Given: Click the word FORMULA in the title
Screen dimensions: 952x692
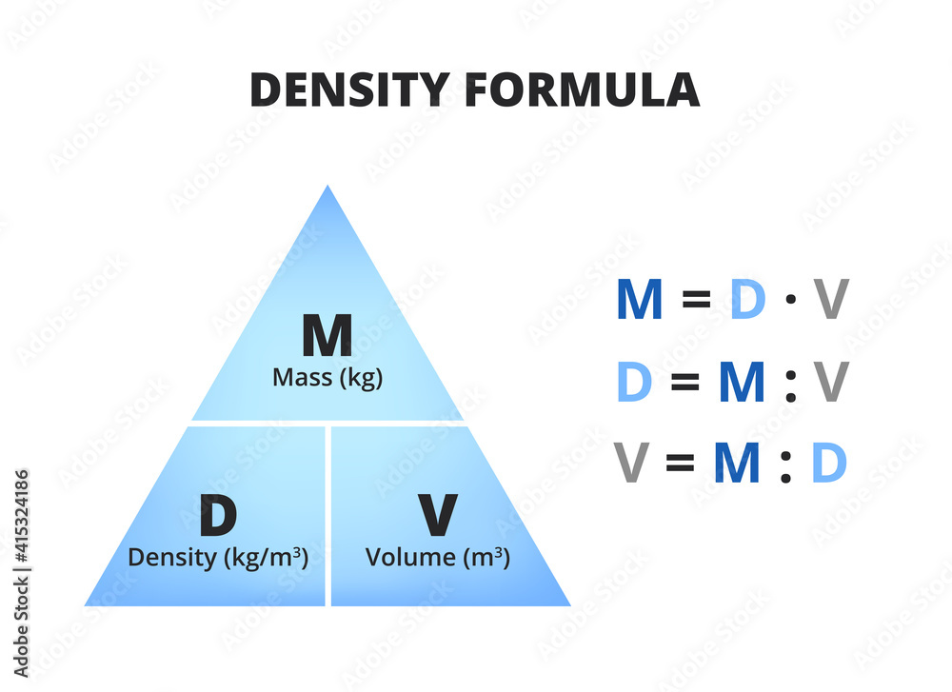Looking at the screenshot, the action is pos(582,89).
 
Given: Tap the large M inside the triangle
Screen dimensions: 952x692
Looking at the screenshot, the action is pos(327,336).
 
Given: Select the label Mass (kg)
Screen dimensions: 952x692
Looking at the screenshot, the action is pos(327,378).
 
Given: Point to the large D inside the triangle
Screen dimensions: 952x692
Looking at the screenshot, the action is pos(218,516).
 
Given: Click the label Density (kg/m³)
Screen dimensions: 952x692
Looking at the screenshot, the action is pos(218,557).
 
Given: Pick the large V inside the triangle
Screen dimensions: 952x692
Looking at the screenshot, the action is pos(438,516).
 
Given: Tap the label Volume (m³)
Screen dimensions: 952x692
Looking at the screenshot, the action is pos(438,557).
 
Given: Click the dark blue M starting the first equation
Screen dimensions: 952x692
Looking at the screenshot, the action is pos(639,299).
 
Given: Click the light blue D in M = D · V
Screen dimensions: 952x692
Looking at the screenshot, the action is pos(747,299).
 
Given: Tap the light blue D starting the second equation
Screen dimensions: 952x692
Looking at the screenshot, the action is pos(635,382).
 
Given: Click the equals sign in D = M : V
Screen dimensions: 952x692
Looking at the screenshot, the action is pos(684,383).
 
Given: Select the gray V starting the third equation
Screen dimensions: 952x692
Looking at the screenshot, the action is pos(631,464).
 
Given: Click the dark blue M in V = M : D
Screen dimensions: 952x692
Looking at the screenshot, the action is pos(737,464).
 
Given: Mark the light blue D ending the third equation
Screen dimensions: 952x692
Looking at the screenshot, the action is pos(828,464).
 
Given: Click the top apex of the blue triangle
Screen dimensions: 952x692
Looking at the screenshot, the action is pos(327,188).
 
